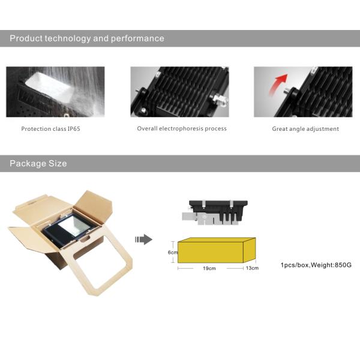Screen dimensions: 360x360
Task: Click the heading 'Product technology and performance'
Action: pos(87,38)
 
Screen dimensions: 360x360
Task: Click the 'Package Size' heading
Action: pos(38,163)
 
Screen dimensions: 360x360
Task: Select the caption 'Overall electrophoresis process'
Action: pos(182,129)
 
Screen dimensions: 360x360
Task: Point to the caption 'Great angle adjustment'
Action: pos(305,129)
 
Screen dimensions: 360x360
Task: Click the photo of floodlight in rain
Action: pos(55,92)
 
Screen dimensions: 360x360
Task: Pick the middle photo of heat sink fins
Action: pos(180,92)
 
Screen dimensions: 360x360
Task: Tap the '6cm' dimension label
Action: pos(172,253)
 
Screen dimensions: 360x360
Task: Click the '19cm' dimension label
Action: pos(209,268)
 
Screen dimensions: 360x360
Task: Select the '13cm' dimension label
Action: pos(253,268)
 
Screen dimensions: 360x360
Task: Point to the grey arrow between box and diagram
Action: pos(144,239)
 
